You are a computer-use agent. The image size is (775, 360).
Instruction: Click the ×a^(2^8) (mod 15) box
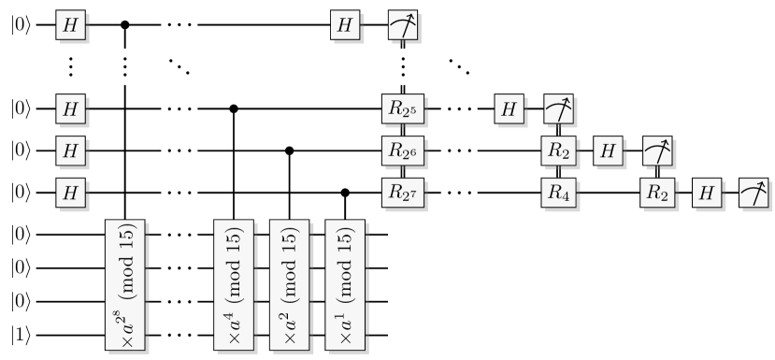tap(123, 286)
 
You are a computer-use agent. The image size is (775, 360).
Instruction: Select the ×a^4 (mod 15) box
tap(231, 286)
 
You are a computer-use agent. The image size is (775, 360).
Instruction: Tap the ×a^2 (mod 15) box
tap(287, 286)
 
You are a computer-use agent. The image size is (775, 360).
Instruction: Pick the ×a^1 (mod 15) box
tap(343, 286)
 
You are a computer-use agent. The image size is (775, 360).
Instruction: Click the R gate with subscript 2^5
tap(403, 108)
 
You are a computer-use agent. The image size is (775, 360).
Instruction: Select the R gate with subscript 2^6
tap(403, 150)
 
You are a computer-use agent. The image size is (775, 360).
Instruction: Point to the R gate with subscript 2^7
tap(403, 193)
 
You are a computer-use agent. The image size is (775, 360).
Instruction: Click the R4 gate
tap(558, 193)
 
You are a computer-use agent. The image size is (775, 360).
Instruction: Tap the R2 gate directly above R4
tap(558, 150)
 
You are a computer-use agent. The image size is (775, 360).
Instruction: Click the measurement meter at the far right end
tap(754, 193)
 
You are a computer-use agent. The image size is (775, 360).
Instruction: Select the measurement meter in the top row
tap(403, 27)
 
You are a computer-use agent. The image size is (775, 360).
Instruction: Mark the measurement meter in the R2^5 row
tap(558, 108)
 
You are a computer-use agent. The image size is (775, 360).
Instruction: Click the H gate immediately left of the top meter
tap(345, 27)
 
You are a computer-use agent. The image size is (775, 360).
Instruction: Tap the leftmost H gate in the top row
tap(69, 27)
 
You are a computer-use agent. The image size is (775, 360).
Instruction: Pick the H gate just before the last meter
tap(706, 193)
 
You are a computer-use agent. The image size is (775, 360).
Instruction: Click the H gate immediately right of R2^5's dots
tap(509, 108)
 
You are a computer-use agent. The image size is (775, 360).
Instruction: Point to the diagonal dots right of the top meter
tap(458, 67)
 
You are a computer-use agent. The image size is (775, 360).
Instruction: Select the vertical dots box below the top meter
tap(403, 67)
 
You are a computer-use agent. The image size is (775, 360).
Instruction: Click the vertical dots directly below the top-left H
tap(69, 67)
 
